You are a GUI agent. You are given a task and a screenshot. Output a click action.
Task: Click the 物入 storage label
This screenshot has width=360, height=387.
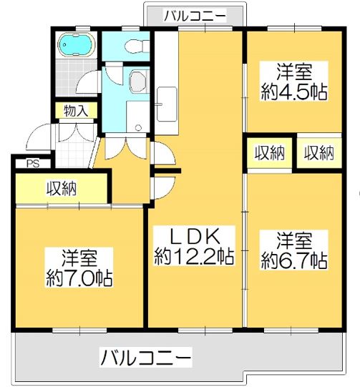pyautogui.click(x=74, y=111)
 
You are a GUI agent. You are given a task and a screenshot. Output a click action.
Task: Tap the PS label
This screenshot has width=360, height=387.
pyautogui.click(x=31, y=163)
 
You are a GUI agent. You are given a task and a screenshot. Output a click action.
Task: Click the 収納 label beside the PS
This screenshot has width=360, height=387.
pyautogui.click(x=62, y=188)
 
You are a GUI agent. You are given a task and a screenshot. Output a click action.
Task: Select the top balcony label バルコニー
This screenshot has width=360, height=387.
pyautogui.click(x=194, y=14)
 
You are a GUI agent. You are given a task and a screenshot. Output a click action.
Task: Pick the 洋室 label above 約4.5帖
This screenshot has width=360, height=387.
pyautogui.click(x=295, y=72)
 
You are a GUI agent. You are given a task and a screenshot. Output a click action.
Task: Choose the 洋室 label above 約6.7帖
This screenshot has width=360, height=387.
pyautogui.click(x=294, y=239)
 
